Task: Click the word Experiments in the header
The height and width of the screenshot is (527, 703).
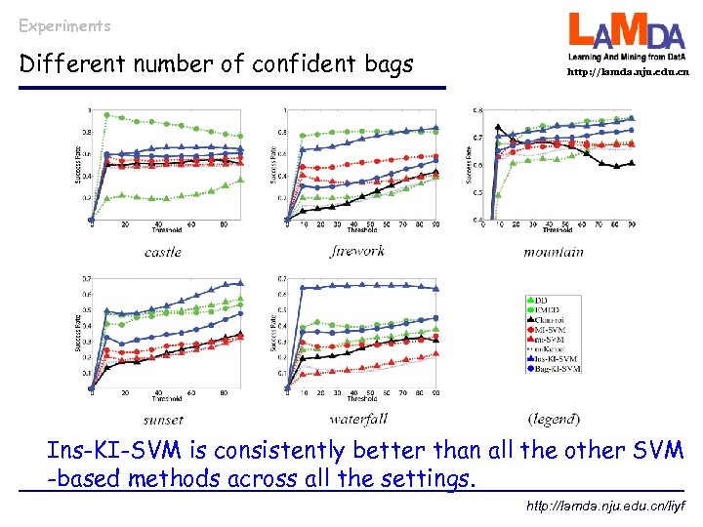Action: (64, 26)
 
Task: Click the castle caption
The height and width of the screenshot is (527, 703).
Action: (162, 252)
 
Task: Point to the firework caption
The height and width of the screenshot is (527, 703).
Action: (357, 251)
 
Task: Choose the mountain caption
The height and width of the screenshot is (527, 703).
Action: (553, 252)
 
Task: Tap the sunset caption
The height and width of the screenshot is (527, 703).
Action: (162, 420)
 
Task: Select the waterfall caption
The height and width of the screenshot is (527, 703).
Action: (358, 420)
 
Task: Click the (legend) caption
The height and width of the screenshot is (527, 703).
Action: (553, 420)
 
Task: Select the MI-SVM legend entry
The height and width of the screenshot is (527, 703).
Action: (553, 329)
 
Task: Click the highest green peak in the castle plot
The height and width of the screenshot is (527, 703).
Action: (106, 115)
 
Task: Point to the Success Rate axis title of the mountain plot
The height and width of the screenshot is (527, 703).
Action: (469, 163)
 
